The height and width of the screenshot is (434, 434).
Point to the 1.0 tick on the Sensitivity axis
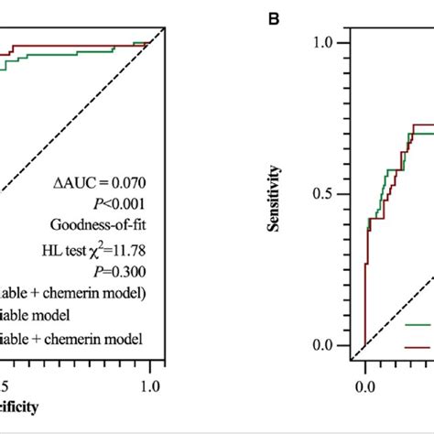[328, 43]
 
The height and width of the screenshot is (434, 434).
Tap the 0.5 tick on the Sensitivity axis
[328, 194]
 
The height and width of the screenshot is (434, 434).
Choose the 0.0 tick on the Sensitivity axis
[328, 345]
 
